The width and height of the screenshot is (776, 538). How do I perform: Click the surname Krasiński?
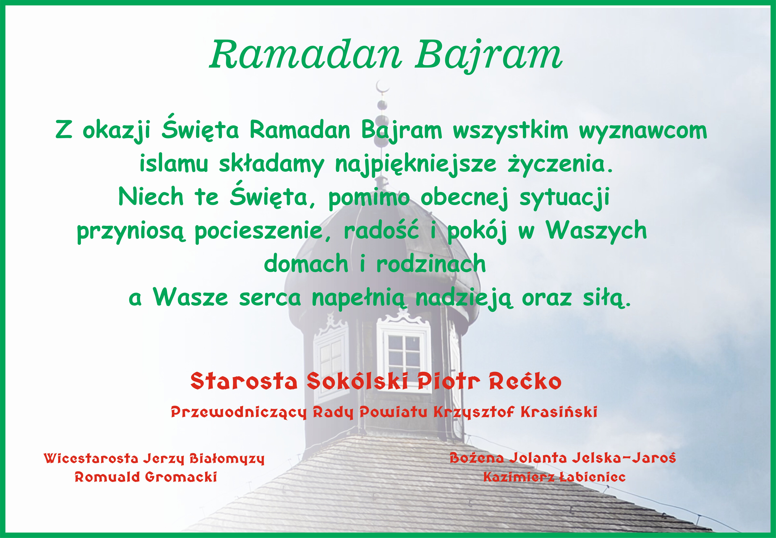pos(559,412)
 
